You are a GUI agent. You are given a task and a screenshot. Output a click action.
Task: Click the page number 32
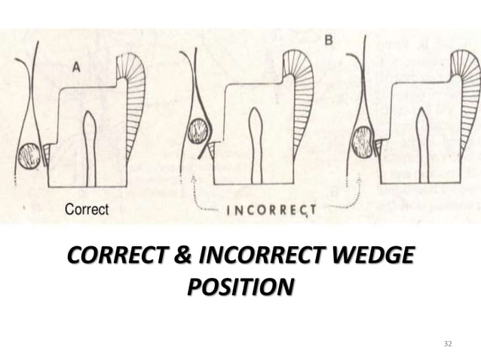[448, 343]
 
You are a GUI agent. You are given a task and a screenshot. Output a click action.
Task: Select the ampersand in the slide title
[184, 258]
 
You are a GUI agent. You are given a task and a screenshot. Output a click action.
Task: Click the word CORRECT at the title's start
[118, 258]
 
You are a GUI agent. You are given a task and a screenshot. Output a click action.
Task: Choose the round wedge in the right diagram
[363, 142]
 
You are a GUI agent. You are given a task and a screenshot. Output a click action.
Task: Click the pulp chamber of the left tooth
[90, 147]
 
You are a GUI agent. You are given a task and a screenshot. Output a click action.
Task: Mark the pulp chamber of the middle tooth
[256, 143]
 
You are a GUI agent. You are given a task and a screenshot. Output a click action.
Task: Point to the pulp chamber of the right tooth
[421, 143]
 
